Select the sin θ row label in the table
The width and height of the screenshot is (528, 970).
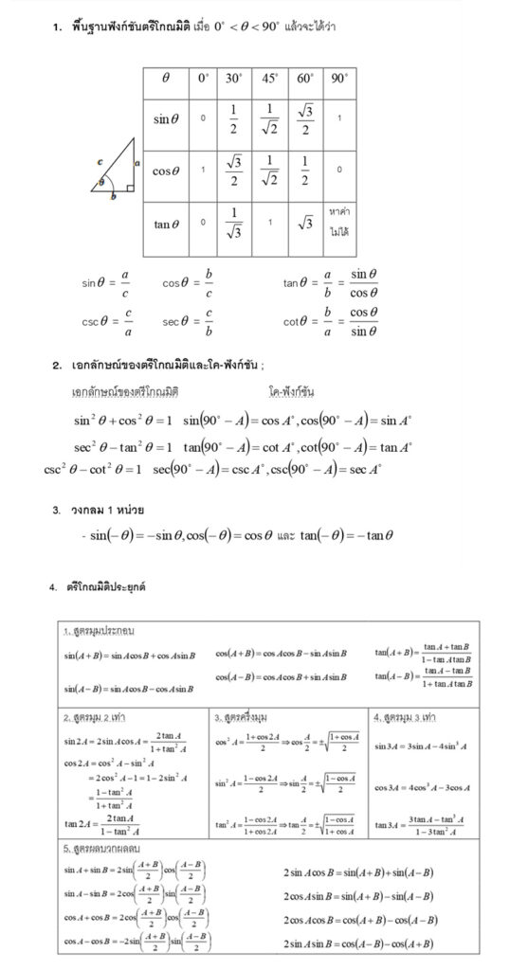166,119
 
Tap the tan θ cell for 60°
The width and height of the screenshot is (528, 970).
305,224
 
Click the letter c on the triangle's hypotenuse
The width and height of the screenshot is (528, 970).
100,163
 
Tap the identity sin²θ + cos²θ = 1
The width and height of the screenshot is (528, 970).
122,420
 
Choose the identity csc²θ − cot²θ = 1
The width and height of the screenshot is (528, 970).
92,468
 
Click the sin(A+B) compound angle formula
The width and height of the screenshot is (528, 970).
129,655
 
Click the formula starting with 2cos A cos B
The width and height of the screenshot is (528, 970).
359,919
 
